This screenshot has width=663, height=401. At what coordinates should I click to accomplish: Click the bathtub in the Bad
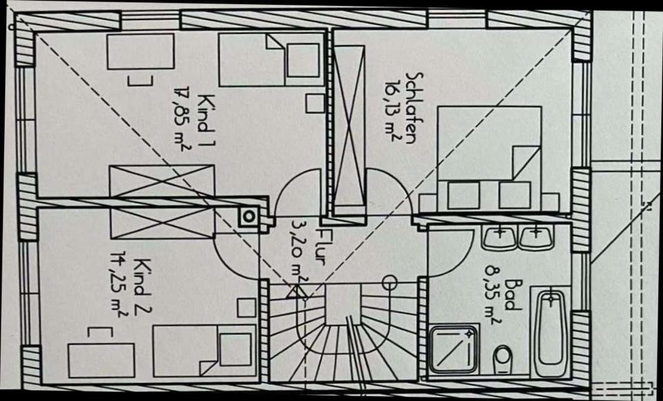coord(552,333)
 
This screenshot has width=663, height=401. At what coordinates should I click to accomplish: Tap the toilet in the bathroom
coord(503,359)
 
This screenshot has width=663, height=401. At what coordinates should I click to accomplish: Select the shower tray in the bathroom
coord(453,349)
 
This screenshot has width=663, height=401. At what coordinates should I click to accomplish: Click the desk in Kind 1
coord(140,52)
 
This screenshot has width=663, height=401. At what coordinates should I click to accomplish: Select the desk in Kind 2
coord(101,359)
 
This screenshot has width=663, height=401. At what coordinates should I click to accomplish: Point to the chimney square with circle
coord(249,217)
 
